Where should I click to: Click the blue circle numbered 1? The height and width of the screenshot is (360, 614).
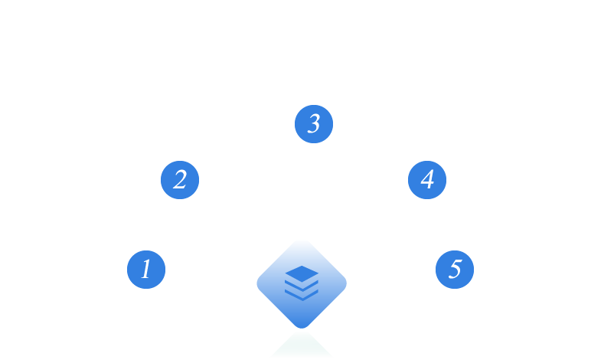146,270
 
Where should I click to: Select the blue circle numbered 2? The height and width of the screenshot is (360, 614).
180,180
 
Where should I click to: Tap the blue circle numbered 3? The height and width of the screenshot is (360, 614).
314,124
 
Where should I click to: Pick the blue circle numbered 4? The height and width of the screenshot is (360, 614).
427,180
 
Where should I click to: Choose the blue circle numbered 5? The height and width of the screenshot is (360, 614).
455,270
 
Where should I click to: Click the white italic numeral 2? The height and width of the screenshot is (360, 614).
180,180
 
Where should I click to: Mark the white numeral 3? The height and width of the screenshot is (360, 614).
314,124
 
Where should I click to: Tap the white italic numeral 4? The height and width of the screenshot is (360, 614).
427,180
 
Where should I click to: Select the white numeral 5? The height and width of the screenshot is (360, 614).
455,270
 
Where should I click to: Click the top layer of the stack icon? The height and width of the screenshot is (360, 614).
302,273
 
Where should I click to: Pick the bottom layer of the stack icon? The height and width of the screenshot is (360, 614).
302,296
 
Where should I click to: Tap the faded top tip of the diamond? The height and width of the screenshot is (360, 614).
302,244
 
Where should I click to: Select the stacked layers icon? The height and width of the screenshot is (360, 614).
302,283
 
